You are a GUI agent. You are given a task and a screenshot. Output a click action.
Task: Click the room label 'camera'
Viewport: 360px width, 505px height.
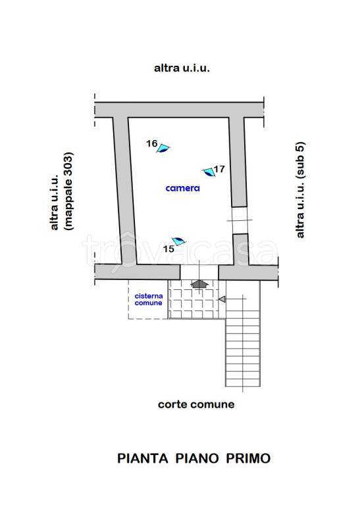(182, 188)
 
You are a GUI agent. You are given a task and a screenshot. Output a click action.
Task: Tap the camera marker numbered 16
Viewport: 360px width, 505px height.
(163, 149)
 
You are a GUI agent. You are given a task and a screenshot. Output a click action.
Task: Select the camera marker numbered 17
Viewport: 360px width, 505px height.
(209, 172)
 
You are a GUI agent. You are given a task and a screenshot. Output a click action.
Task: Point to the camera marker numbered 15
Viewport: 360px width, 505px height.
(179, 241)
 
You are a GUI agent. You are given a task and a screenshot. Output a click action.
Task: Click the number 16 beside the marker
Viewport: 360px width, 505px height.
(151, 143)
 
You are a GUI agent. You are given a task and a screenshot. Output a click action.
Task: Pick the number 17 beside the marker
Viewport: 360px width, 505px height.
(219, 169)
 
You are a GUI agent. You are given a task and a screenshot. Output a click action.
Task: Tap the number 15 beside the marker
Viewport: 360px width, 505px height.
(168, 249)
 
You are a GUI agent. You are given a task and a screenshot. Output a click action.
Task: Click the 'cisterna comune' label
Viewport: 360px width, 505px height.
(149, 300)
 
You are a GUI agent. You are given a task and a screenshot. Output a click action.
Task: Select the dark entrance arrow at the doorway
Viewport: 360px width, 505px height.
(199, 283)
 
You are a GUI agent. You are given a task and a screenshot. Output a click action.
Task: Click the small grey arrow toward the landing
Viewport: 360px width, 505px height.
(222, 299)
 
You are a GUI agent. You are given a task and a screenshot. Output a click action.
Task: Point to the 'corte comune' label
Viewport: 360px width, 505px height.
(196, 404)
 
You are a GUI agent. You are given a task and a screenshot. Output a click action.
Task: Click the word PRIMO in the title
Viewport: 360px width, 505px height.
(248, 458)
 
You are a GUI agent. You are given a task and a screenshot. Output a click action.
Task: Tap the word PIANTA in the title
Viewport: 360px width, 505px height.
(142, 458)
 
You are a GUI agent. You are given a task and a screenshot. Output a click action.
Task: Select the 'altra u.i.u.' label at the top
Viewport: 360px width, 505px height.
(182, 68)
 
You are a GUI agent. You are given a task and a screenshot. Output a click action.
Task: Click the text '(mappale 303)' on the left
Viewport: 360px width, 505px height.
(69, 191)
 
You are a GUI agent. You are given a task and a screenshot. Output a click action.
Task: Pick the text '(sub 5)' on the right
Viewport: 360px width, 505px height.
(300, 160)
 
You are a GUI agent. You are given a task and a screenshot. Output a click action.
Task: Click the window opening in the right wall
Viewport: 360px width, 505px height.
(240, 220)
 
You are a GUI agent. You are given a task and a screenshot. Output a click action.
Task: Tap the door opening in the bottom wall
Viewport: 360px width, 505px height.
(199, 272)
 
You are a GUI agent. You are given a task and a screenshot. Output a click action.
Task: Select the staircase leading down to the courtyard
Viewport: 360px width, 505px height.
(243, 333)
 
